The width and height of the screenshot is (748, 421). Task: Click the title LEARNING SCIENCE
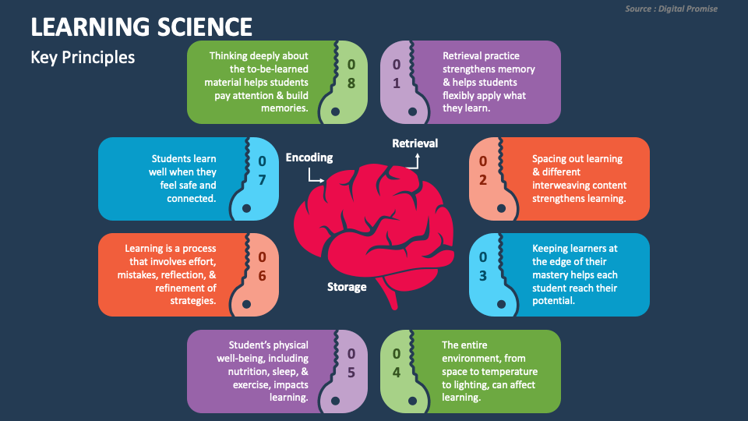(141, 27)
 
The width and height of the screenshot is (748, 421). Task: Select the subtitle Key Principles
(83, 58)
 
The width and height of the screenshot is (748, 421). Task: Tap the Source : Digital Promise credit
(671, 9)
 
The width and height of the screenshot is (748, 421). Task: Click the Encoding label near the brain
(309, 157)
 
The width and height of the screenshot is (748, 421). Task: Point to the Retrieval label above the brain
(415, 143)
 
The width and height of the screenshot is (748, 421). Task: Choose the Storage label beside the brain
(347, 287)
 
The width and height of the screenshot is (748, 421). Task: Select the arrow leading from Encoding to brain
(314, 177)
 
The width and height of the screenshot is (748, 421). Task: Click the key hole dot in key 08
(335, 111)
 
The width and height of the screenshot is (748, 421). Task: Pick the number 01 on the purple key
(397, 73)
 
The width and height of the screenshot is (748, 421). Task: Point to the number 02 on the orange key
(483, 171)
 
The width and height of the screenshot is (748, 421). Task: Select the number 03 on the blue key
(483, 267)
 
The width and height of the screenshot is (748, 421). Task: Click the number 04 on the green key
(397, 363)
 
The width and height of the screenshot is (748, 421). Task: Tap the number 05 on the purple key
(351, 363)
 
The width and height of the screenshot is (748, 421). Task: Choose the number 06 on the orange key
(263, 267)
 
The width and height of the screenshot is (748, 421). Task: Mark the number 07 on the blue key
(263, 171)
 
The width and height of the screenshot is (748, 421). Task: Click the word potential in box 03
(553, 301)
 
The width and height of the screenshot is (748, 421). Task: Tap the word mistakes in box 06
(137, 275)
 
